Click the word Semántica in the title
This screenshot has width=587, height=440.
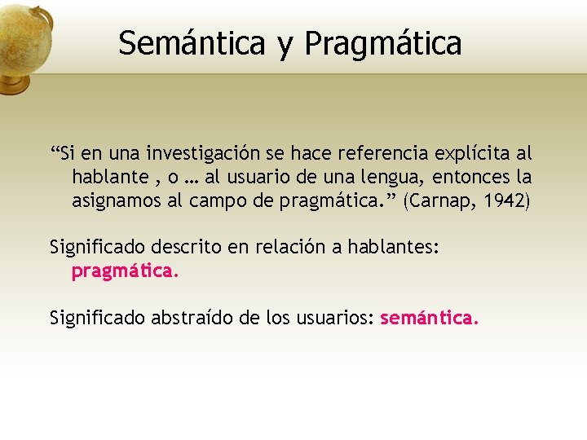click(192, 43)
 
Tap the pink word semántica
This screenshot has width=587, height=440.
click(429, 318)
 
